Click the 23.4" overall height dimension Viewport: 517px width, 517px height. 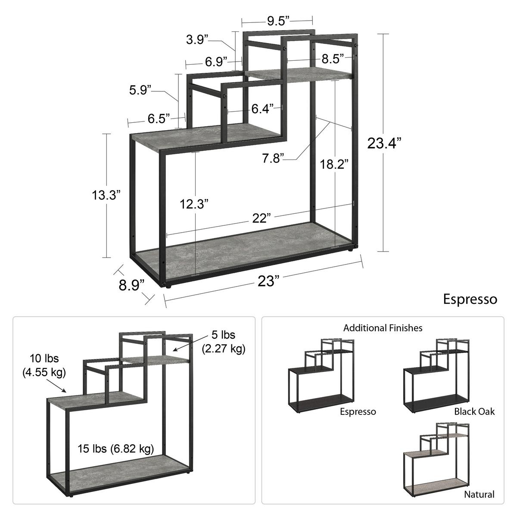click(x=384, y=143)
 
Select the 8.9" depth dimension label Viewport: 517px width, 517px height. click(x=131, y=285)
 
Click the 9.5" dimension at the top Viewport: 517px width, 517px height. click(x=278, y=21)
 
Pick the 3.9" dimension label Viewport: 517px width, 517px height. click(x=197, y=40)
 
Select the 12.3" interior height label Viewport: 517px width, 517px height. click(x=194, y=204)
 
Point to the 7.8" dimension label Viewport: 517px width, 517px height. click(x=273, y=158)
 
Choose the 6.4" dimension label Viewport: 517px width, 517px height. click(x=263, y=109)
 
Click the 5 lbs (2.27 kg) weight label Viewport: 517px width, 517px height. click(x=224, y=342)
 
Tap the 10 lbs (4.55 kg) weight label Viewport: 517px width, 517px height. click(x=44, y=366)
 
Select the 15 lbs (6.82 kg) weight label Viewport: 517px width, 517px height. click(x=116, y=448)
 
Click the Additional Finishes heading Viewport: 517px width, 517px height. click(x=383, y=328)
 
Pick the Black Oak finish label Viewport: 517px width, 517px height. click(x=474, y=411)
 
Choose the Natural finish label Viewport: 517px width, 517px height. click(x=479, y=494)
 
